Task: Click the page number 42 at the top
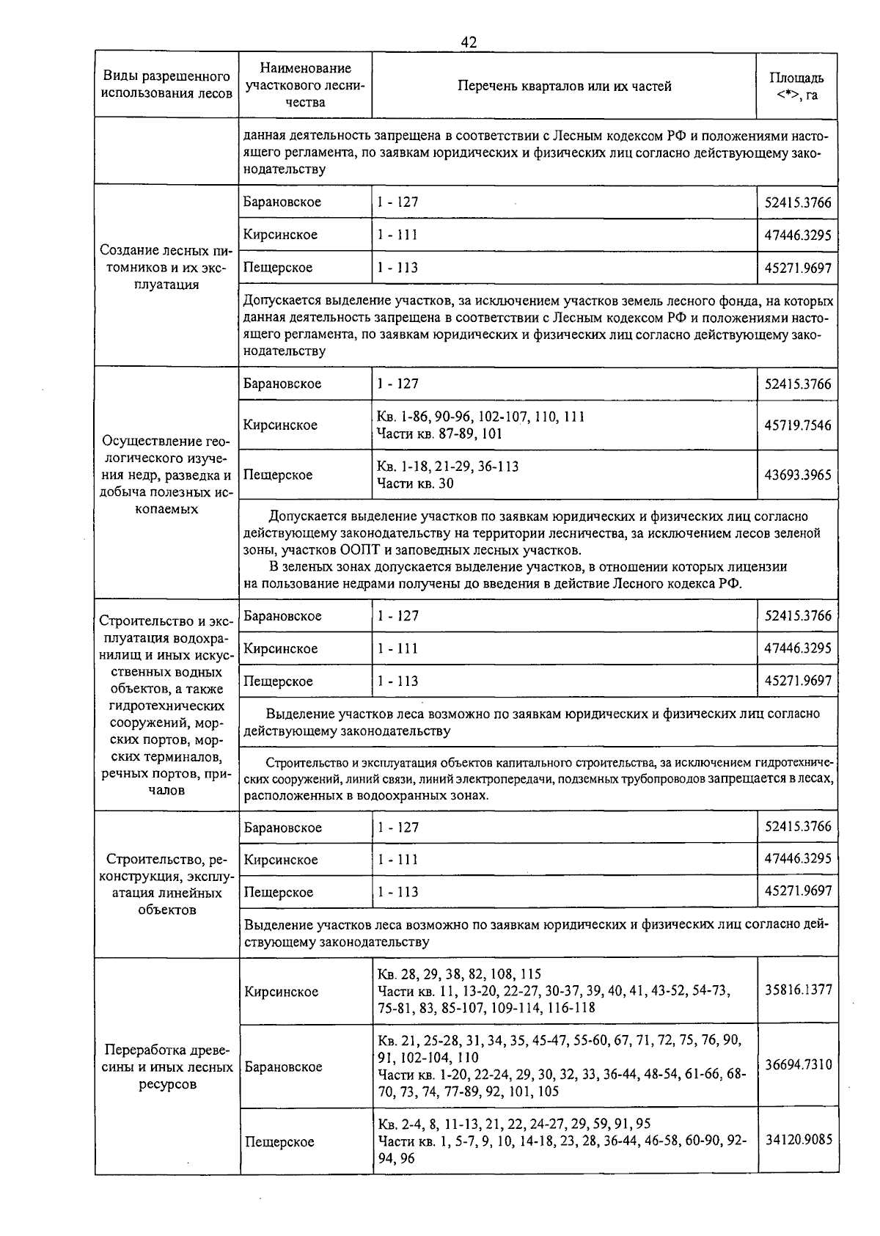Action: coord(469,43)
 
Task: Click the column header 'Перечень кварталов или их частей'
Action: coord(564,86)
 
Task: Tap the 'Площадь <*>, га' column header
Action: coord(796,86)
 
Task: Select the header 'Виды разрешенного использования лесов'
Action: coord(166,85)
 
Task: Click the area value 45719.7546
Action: coord(798,425)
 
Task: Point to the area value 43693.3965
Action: coord(798,475)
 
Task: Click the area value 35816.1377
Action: coord(798,990)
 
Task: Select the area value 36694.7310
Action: coord(798,1064)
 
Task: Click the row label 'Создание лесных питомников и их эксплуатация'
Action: coord(166,268)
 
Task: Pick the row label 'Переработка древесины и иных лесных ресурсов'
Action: coord(166,1067)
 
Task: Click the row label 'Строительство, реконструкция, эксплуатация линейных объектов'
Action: coord(166,884)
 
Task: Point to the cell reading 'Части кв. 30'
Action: coord(415,483)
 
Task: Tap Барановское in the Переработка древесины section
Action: coord(283,1067)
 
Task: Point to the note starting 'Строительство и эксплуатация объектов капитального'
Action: coord(538,778)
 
